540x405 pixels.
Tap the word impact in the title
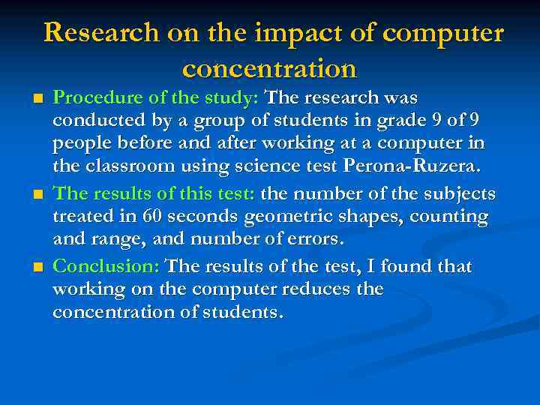click(292, 33)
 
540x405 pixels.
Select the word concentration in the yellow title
click(269, 69)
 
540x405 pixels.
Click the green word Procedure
click(96, 98)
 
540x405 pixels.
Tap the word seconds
click(200, 217)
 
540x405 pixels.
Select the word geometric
click(282, 217)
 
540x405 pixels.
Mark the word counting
click(447, 217)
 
